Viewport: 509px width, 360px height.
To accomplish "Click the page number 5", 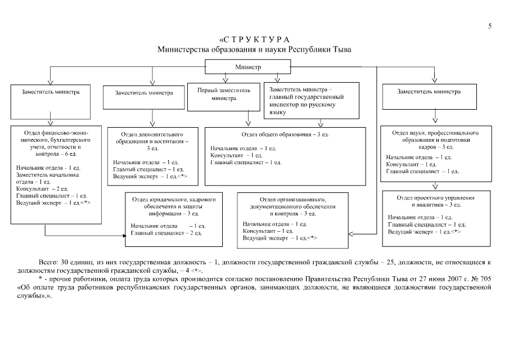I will click(490, 26).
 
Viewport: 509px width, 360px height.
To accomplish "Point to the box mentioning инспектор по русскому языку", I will click(311, 101).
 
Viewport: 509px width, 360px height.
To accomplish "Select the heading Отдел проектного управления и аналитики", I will click(435, 201).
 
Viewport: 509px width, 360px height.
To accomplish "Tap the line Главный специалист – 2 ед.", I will click(166, 233).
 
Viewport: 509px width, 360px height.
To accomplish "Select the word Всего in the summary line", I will click(47, 263).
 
